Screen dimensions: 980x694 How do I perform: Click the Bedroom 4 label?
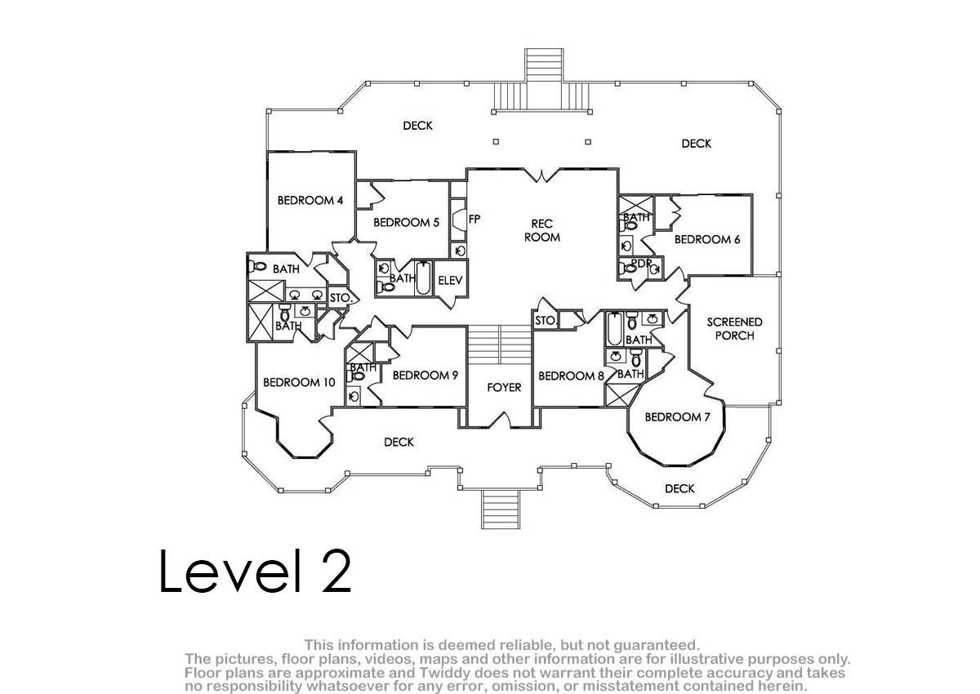(310, 200)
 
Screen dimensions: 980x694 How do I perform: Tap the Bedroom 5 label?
(406, 222)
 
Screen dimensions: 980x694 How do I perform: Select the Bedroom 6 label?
(707, 239)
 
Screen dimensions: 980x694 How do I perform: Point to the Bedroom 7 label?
(677, 416)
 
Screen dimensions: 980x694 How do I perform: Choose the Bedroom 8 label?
(571, 376)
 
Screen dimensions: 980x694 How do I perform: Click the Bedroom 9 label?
(425, 376)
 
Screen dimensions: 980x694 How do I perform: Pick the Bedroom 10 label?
(299, 382)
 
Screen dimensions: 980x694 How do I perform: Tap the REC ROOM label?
(541, 230)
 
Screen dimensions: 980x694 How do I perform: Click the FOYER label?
(504, 388)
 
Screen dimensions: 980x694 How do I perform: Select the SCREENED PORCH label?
(734, 329)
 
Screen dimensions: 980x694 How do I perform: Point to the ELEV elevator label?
(450, 280)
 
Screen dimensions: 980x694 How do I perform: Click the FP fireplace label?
(474, 219)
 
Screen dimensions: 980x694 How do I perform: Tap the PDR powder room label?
(641, 263)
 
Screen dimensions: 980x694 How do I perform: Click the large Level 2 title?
(255, 571)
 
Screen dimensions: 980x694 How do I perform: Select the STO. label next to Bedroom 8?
(546, 321)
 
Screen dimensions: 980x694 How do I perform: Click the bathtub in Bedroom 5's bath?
(423, 278)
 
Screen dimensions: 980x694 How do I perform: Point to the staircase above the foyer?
(499, 345)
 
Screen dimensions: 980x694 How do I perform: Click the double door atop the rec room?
(541, 175)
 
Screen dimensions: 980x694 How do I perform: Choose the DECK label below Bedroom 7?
(679, 488)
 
